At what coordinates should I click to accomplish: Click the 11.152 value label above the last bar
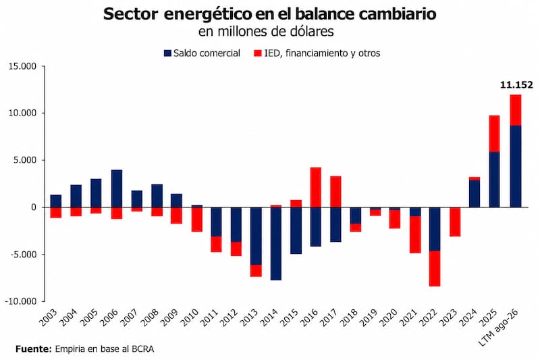tap(516, 84)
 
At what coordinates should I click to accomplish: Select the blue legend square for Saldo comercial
tap(167, 53)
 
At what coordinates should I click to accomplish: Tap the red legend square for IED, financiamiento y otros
tap(258, 53)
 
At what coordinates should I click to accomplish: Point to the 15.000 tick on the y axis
tap(22, 66)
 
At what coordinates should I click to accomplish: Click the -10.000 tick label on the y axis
tap(21, 301)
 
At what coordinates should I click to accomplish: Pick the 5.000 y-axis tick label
tap(25, 160)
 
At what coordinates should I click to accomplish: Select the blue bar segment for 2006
tap(116, 188)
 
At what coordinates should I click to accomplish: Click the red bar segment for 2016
tap(315, 187)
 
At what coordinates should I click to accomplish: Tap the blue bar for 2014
tap(276, 244)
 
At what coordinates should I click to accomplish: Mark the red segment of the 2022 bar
tap(435, 269)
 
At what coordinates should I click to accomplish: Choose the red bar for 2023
tap(454, 222)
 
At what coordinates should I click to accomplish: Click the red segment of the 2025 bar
tap(494, 134)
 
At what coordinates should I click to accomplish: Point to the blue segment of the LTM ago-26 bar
tap(516, 166)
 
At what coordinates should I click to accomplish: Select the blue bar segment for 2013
tap(256, 236)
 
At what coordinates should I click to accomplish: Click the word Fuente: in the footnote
tap(33, 349)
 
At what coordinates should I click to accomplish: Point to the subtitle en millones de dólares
tap(266, 32)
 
